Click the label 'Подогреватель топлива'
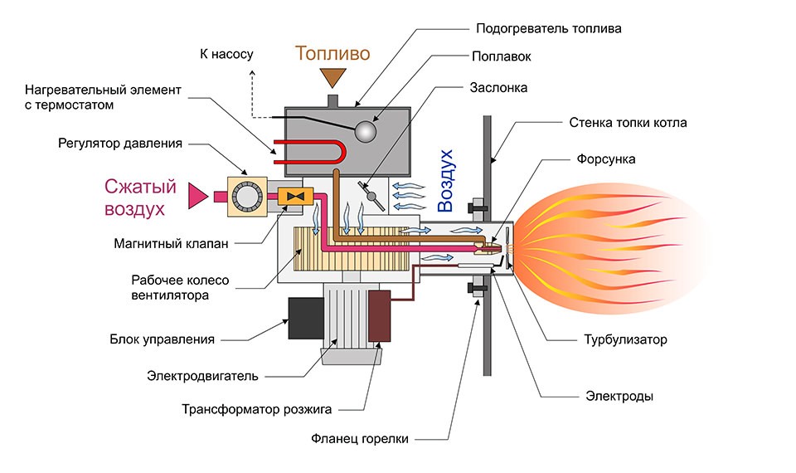[x=548, y=28]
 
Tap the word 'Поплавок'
[x=501, y=57]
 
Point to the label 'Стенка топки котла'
[x=628, y=123]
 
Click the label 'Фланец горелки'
[x=360, y=438]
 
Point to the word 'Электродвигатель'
[x=203, y=375]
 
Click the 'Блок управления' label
[x=163, y=339]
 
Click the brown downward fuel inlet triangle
[x=334, y=78]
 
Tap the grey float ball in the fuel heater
[x=365, y=131]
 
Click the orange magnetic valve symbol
[x=293, y=196]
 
